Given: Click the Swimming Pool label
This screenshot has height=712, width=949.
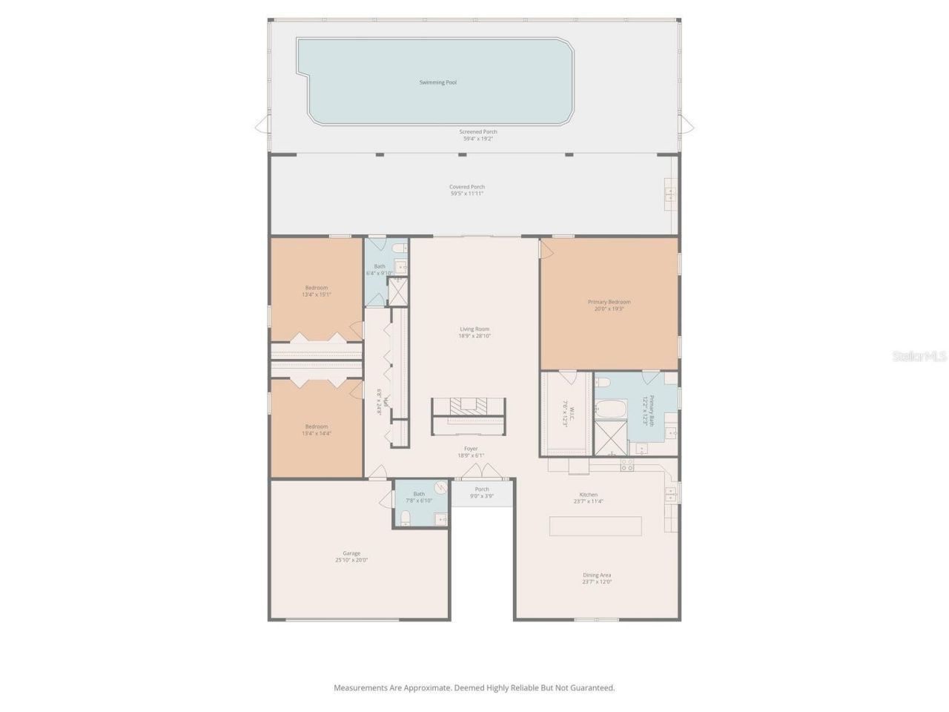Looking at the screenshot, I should (x=438, y=82).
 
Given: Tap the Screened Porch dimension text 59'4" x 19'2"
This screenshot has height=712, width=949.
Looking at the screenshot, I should (x=477, y=139).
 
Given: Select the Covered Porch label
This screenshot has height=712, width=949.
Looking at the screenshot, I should (x=467, y=187).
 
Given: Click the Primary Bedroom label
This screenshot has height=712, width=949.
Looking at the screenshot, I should (x=609, y=302).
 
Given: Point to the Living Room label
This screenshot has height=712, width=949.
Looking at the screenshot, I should (x=474, y=329).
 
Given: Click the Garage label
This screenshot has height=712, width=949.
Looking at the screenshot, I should (x=351, y=553).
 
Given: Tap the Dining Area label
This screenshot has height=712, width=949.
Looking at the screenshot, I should (x=597, y=575).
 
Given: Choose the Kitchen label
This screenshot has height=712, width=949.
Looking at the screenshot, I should (x=588, y=495).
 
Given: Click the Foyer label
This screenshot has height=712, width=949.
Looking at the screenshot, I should (x=471, y=449).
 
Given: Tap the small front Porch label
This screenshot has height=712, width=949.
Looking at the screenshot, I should (x=482, y=489).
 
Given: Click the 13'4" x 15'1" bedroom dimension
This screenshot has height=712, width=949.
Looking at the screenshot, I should (x=317, y=294).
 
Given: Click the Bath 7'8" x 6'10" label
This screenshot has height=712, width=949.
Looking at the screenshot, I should (x=419, y=497).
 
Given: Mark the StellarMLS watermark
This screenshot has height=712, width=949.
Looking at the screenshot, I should (x=919, y=357).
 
